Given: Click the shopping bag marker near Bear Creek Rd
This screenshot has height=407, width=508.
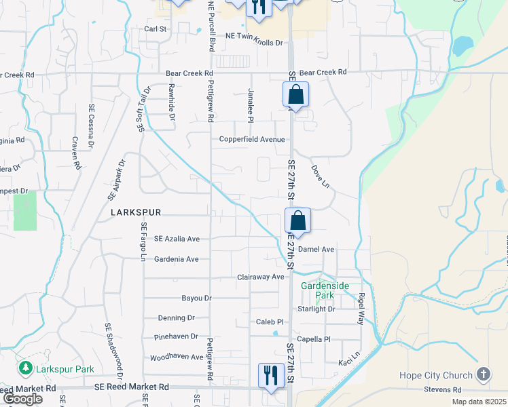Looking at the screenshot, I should point(295,94).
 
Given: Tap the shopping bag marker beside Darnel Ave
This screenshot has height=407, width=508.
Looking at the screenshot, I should point(297,220).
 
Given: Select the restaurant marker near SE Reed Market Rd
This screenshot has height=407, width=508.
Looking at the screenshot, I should point(271,375).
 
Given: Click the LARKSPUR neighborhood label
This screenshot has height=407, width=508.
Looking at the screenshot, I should point(136,212).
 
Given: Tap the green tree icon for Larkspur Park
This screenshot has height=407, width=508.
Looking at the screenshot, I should point(26,368).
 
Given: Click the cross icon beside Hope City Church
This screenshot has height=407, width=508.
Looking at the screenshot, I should point(483,374).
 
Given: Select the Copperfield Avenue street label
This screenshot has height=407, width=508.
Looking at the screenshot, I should point(251,139).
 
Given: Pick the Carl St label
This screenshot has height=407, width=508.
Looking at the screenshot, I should point(156,29).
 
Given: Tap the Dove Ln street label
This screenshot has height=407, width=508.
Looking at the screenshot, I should point(320,176).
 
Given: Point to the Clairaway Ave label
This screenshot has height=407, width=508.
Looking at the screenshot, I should point(260,277).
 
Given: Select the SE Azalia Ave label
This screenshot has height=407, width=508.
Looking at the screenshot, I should point(177,239).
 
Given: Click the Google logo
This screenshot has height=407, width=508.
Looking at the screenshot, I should point(22,399).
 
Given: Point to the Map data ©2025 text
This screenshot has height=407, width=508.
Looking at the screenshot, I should point(478,402).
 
